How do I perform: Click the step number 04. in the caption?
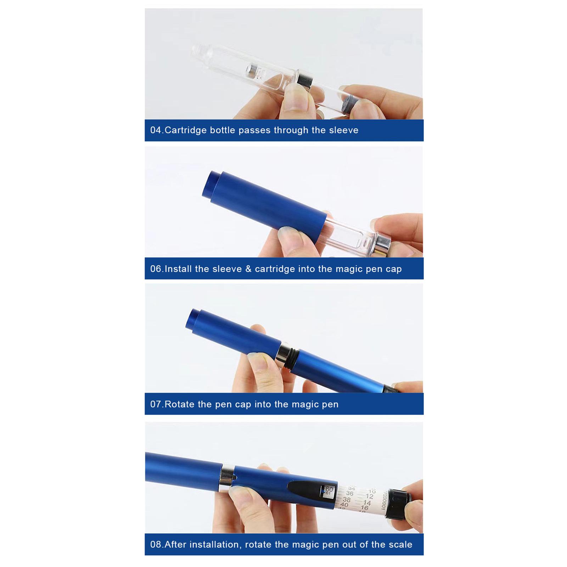pos(157,130)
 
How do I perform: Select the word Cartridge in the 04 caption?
pos(186,130)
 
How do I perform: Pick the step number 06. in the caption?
pos(157,269)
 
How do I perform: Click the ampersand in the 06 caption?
pos(248,269)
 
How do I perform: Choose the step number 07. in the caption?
pos(157,404)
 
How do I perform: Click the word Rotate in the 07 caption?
pos(180,404)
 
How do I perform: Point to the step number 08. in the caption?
pos(157,544)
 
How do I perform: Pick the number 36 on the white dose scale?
pos(350,493)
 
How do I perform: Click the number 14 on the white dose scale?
pos(367,503)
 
